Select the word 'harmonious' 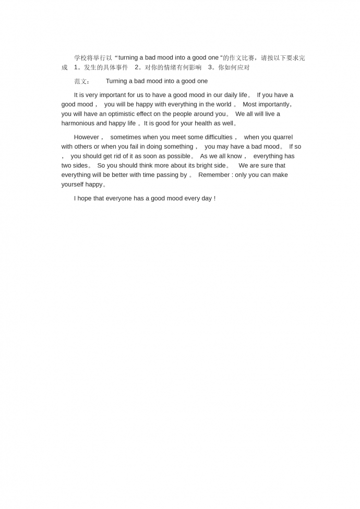[78, 123]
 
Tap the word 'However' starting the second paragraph [86, 137]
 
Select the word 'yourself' [73, 184]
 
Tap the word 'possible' [178, 156]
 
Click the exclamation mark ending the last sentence [214, 198]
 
